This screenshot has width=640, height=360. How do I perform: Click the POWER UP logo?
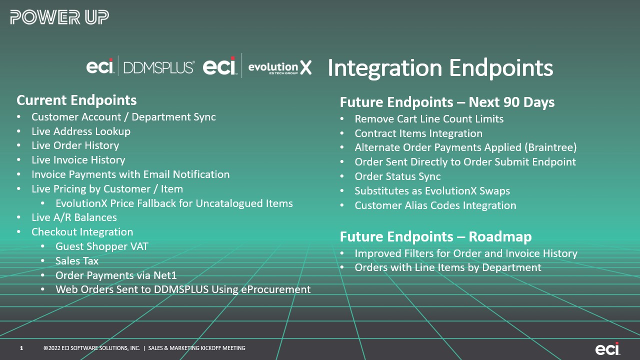pos(59,17)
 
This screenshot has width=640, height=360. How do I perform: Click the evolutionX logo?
pos(279,67)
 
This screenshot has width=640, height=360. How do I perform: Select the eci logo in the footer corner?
pos(607,349)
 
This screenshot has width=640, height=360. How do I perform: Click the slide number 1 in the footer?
pos(21,348)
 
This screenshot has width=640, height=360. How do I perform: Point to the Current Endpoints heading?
pos(76,100)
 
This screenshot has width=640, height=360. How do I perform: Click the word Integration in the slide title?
pos(385,68)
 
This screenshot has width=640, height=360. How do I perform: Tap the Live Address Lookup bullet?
pos(81,131)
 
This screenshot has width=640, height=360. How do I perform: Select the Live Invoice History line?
pos(78,160)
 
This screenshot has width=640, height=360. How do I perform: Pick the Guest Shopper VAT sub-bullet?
pos(101,246)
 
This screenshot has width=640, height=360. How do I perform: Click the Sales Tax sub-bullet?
pos(77,261)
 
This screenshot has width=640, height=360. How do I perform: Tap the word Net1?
pos(165,275)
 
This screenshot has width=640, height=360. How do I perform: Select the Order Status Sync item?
pos(397,176)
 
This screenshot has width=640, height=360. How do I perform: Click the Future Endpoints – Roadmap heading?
pos(435,237)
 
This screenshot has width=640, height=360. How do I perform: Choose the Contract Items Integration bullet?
pos(418,133)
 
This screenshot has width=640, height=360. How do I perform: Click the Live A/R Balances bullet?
pos(74,217)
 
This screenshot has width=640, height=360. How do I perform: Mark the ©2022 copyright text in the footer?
pos(91,348)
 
